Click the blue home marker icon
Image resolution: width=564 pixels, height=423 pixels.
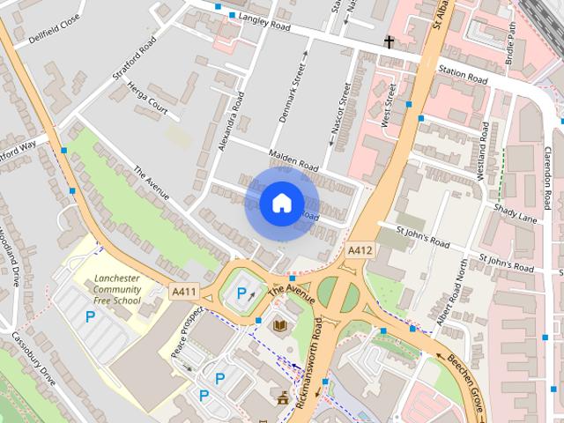click(281, 203)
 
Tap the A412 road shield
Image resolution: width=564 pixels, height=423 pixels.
click(360, 251)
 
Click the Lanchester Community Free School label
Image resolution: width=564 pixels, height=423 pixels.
click(116, 289)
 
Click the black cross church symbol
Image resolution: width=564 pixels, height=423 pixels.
click(389, 41)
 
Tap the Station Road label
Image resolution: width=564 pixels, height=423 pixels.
click(463, 76)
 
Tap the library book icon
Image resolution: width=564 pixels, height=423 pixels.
click(280, 326)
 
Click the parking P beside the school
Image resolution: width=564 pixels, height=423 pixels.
click(89, 315)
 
